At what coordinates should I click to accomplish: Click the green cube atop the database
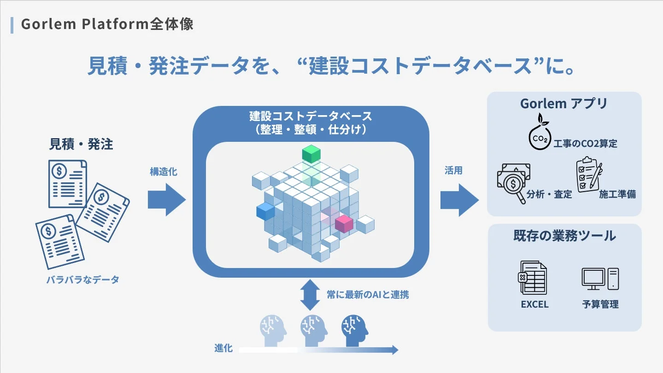click(311, 153)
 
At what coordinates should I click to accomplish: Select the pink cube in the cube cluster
click(344, 224)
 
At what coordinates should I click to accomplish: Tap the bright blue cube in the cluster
click(265, 211)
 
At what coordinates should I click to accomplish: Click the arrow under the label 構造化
click(166, 200)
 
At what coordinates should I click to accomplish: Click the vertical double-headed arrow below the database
click(310, 295)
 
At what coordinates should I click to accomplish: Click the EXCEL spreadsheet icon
click(533, 277)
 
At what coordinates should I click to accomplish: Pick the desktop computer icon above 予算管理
click(600, 279)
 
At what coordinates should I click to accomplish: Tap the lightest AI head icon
click(273, 327)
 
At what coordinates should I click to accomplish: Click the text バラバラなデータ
click(82, 280)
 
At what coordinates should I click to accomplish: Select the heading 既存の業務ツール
click(564, 236)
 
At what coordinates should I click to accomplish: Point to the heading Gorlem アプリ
click(564, 104)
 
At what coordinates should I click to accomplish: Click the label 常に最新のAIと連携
click(368, 295)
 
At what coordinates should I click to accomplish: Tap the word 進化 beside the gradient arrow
click(223, 349)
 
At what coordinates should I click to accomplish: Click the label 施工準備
click(617, 194)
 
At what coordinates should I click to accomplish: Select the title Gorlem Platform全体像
click(107, 24)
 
